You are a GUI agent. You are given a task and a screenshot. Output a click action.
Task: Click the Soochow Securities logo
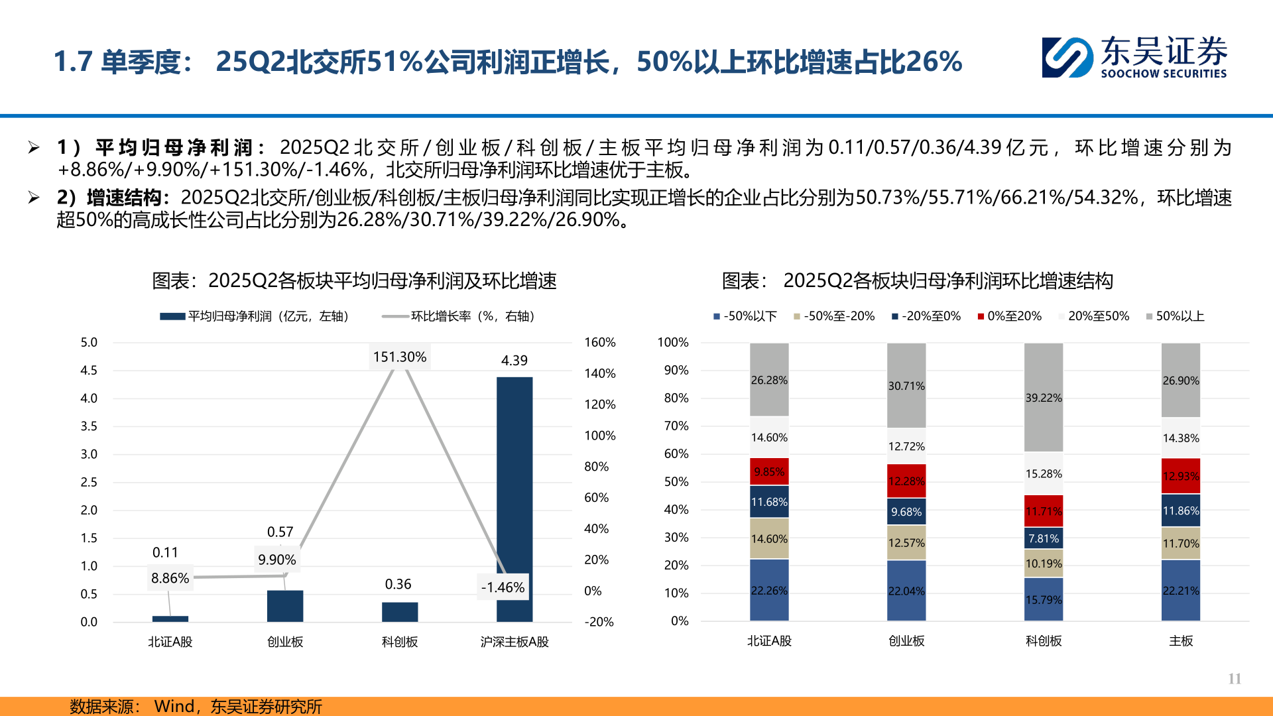pyautogui.click(x=1134, y=58)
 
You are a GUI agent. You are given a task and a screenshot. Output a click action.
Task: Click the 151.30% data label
pyautogui.click(x=399, y=357)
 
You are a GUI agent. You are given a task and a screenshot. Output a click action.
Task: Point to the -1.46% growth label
pyautogui.click(x=503, y=587)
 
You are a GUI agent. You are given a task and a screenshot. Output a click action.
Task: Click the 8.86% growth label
pyautogui.click(x=170, y=578)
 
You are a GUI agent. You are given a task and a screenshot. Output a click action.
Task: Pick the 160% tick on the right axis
pyautogui.click(x=599, y=343)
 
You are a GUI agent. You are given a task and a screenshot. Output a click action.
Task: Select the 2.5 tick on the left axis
pyautogui.click(x=89, y=482)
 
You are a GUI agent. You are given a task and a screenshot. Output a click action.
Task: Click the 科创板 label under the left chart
pyautogui.click(x=399, y=642)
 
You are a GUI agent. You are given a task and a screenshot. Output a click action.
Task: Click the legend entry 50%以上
pyautogui.click(x=1180, y=316)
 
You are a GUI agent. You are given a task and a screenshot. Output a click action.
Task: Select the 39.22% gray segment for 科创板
pyautogui.click(x=1044, y=397)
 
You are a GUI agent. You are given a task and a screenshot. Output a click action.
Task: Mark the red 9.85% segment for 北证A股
pyautogui.click(x=769, y=471)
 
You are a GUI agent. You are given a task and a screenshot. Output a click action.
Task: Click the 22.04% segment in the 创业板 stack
pyautogui.click(x=906, y=590)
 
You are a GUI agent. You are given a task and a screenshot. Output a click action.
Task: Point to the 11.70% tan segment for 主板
pyautogui.click(x=1181, y=544)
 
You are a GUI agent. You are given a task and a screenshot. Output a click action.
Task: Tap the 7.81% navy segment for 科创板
pyautogui.click(x=1044, y=538)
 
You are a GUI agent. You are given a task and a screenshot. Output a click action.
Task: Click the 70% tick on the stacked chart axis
pyautogui.click(x=676, y=426)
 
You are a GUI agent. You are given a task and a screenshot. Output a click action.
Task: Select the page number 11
pyautogui.click(x=1234, y=678)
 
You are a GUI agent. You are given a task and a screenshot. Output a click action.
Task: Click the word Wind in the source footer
pyautogui.click(x=174, y=706)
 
